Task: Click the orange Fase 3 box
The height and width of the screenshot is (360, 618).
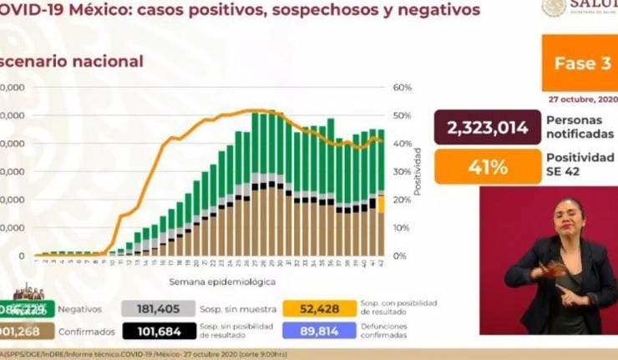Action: point(578,63)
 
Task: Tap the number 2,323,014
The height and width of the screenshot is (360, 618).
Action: point(487,128)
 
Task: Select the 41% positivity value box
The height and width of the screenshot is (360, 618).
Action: point(487,167)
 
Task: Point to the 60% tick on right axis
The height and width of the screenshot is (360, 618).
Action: point(403,87)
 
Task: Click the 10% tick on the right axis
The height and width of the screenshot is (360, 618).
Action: point(403,227)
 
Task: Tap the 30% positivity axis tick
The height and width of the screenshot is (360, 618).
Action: point(403,171)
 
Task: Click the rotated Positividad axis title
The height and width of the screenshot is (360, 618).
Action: point(418,171)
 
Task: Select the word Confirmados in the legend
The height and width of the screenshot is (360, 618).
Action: point(87,332)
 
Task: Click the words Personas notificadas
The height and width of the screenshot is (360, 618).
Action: point(579,127)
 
